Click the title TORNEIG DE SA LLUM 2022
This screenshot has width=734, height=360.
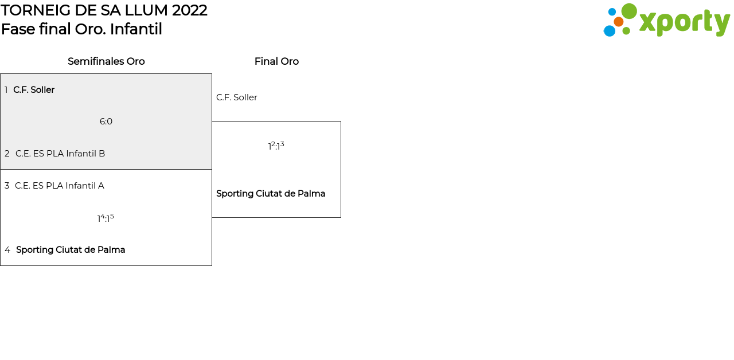pos(104,10)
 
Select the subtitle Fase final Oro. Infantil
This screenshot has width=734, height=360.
pos(81,29)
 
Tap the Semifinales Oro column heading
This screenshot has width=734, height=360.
pos(106,61)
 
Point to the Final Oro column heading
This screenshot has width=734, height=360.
pos(276,61)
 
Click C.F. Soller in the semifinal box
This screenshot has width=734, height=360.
pos(34,90)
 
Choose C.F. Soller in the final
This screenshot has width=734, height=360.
pos(236,97)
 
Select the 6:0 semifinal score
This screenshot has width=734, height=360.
pos(106,122)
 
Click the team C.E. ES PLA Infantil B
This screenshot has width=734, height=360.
pos(60,154)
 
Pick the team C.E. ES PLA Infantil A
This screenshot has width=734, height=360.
pos(60,186)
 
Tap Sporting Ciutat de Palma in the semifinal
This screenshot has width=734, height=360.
pos(71,250)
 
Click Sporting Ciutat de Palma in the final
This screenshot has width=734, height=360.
pos(271,194)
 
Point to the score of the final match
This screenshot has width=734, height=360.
pos(276,146)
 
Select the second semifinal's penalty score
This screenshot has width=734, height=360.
pos(106,218)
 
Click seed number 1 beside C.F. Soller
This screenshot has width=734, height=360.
pos(6,90)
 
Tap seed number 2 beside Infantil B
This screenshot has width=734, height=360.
pos(7,154)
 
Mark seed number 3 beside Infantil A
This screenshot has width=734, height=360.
pos(7,186)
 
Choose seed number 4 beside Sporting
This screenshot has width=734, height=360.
pos(7,250)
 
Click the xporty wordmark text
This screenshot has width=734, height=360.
pos(684,23)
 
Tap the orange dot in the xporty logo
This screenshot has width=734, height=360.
pos(619,22)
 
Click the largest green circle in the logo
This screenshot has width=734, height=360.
pos(629,11)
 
